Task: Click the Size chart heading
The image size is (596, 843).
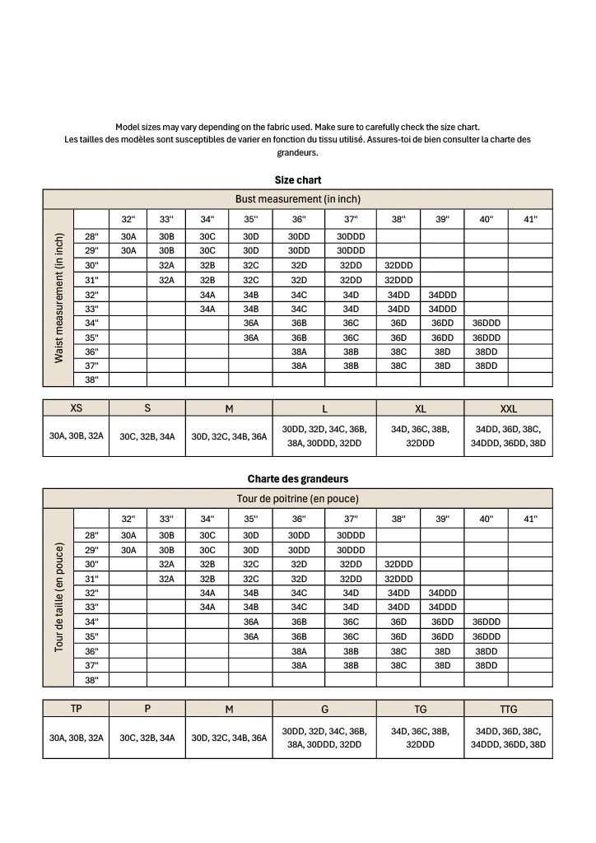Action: click(298, 179)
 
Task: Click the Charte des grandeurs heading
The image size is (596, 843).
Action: click(298, 478)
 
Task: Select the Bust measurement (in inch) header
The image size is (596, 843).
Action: click(298, 199)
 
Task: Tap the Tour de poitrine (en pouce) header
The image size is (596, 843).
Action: click(298, 498)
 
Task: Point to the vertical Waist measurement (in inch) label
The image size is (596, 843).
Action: click(59, 298)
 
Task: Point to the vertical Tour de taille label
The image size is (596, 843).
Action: click(59, 597)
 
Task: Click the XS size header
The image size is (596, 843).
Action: click(76, 408)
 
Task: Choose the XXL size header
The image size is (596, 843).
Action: click(509, 408)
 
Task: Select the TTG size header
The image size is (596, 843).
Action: click(509, 709)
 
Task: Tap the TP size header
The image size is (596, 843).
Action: click(76, 709)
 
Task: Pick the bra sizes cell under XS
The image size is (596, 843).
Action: click(76, 436)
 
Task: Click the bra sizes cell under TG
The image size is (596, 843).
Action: click(421, 737)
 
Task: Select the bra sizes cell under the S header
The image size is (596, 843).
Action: click(147, 436)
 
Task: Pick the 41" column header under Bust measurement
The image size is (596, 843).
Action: click(530, 219)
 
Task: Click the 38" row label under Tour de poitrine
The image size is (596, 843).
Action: click(91, 679)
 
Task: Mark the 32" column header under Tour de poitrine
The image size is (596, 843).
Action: click(128, 519)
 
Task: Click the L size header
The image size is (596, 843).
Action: click(324, 408)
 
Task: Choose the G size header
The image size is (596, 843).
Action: click(324, 709)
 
